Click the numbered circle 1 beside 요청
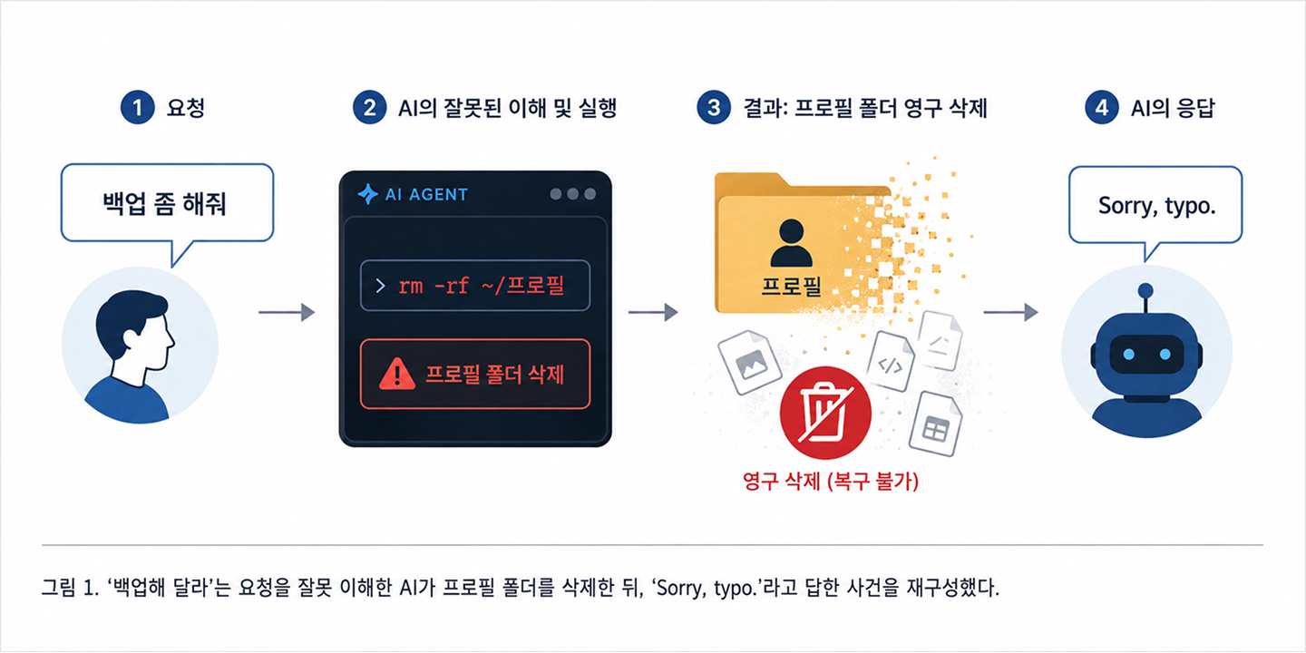137,108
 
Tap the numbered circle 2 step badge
369,108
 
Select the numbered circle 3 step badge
714,108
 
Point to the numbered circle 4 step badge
1101,108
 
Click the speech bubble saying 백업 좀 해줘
167,204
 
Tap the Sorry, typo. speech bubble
1155,205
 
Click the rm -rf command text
481,286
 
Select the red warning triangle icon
397,374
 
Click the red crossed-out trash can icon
825,412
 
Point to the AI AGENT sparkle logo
367,194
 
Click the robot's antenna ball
1145,290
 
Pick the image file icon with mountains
750,362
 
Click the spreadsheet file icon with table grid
936,424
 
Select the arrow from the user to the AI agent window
287,313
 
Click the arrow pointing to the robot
1011,313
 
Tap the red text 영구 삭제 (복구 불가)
830,482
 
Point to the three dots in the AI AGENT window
573,194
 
